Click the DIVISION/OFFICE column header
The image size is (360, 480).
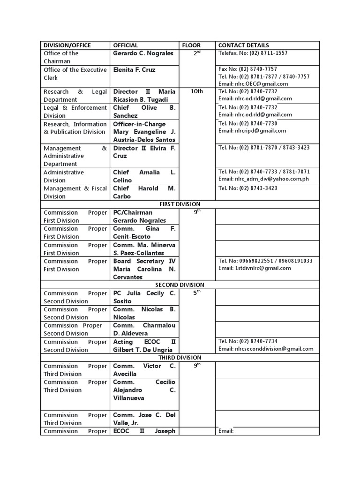[x=67, y=45]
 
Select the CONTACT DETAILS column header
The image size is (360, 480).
[x=244, y=45]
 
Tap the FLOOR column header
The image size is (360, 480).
[x=191, y=45]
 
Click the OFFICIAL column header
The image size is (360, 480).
[x=126, y=45]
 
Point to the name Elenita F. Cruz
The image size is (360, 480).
[x=134, y=70]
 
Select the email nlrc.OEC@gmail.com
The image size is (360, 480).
[x=253, y=84]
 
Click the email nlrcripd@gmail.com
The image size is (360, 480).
[x=252, y=131]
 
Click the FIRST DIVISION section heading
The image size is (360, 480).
[x=180, y=204]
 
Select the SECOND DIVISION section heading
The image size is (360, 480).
[x=180, y=285]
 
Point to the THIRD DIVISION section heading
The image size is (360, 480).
[x=180, y=358]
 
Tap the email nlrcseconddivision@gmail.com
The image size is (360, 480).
[x=266, y=349]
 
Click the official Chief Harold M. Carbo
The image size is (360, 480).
[x=144, y=192]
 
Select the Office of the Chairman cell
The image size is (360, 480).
[x=61, y=57]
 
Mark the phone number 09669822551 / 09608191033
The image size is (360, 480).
[x=265, y=261]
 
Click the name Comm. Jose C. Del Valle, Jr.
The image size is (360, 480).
[x=144, y=419]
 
